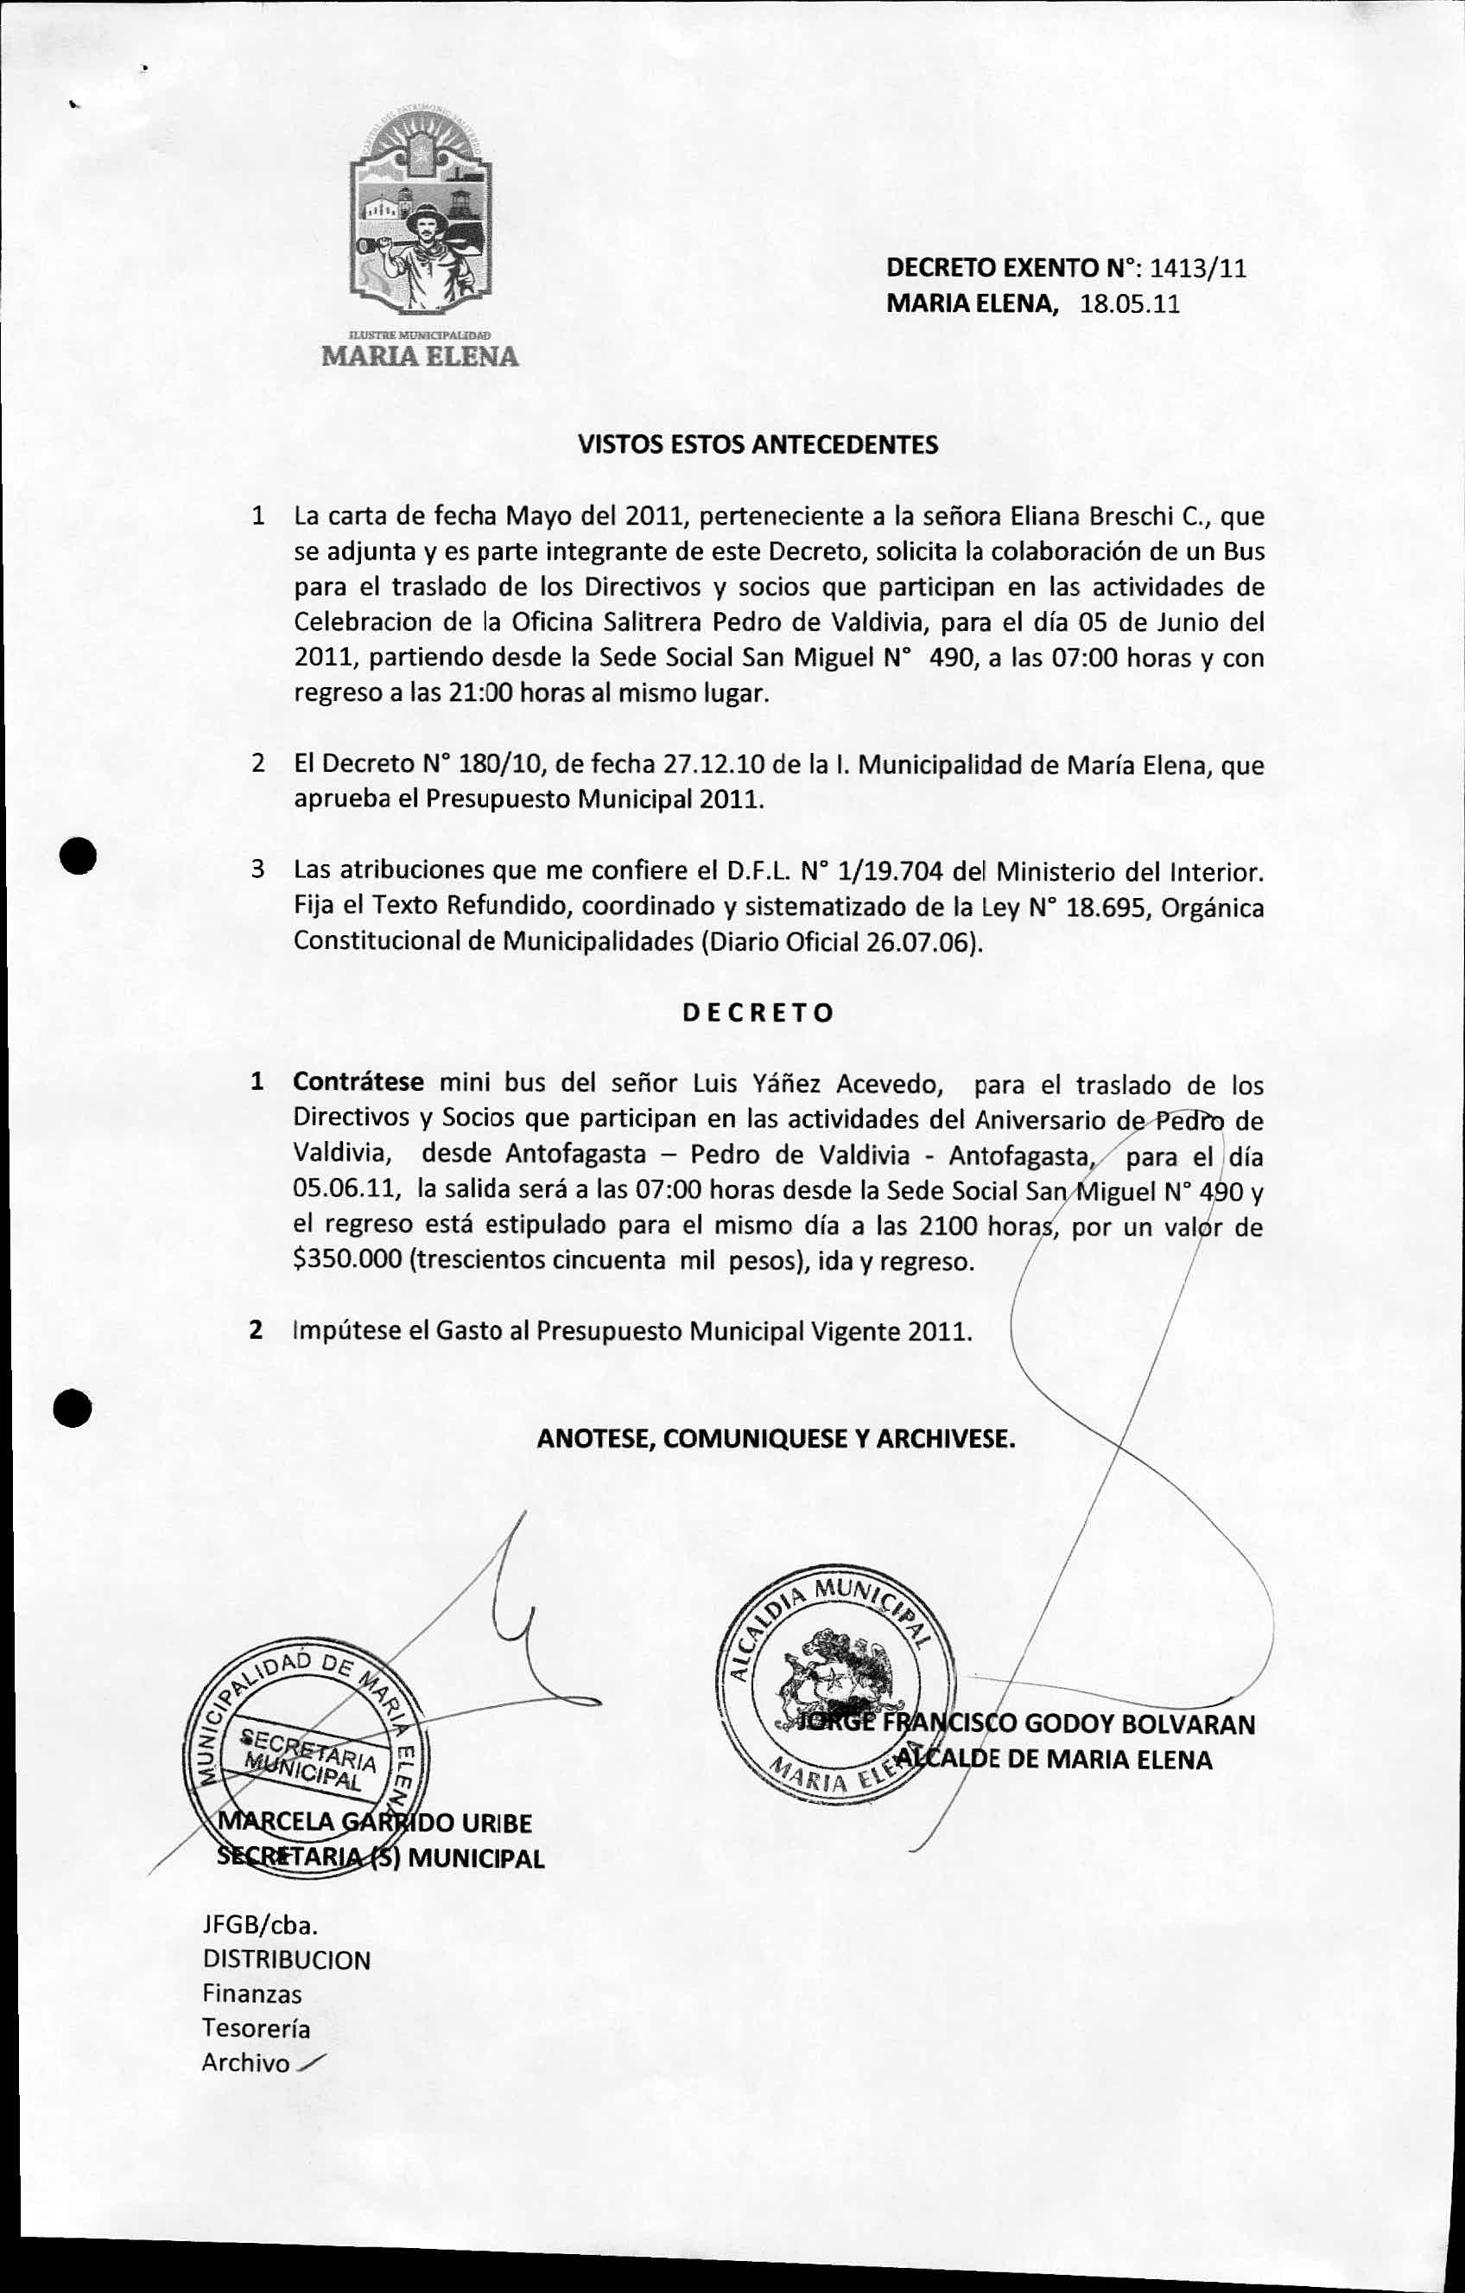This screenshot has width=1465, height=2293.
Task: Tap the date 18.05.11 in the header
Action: pos(1130,305)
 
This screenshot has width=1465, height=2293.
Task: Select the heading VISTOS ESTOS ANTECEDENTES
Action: pos(758,445)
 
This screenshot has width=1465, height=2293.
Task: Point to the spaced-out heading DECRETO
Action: pos(758,1012)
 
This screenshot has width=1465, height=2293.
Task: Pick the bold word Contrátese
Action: pos(358,1083)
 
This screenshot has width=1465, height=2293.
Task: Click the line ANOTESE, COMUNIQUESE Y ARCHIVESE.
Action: pos(776,1438)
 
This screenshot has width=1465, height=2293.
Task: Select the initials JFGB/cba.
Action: pos(259,1926)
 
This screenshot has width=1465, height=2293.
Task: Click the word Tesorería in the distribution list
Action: pos(255,2029)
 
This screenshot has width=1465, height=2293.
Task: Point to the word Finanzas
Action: pos(251,1994)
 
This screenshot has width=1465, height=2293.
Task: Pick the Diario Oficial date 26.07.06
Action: pos(921,942)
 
